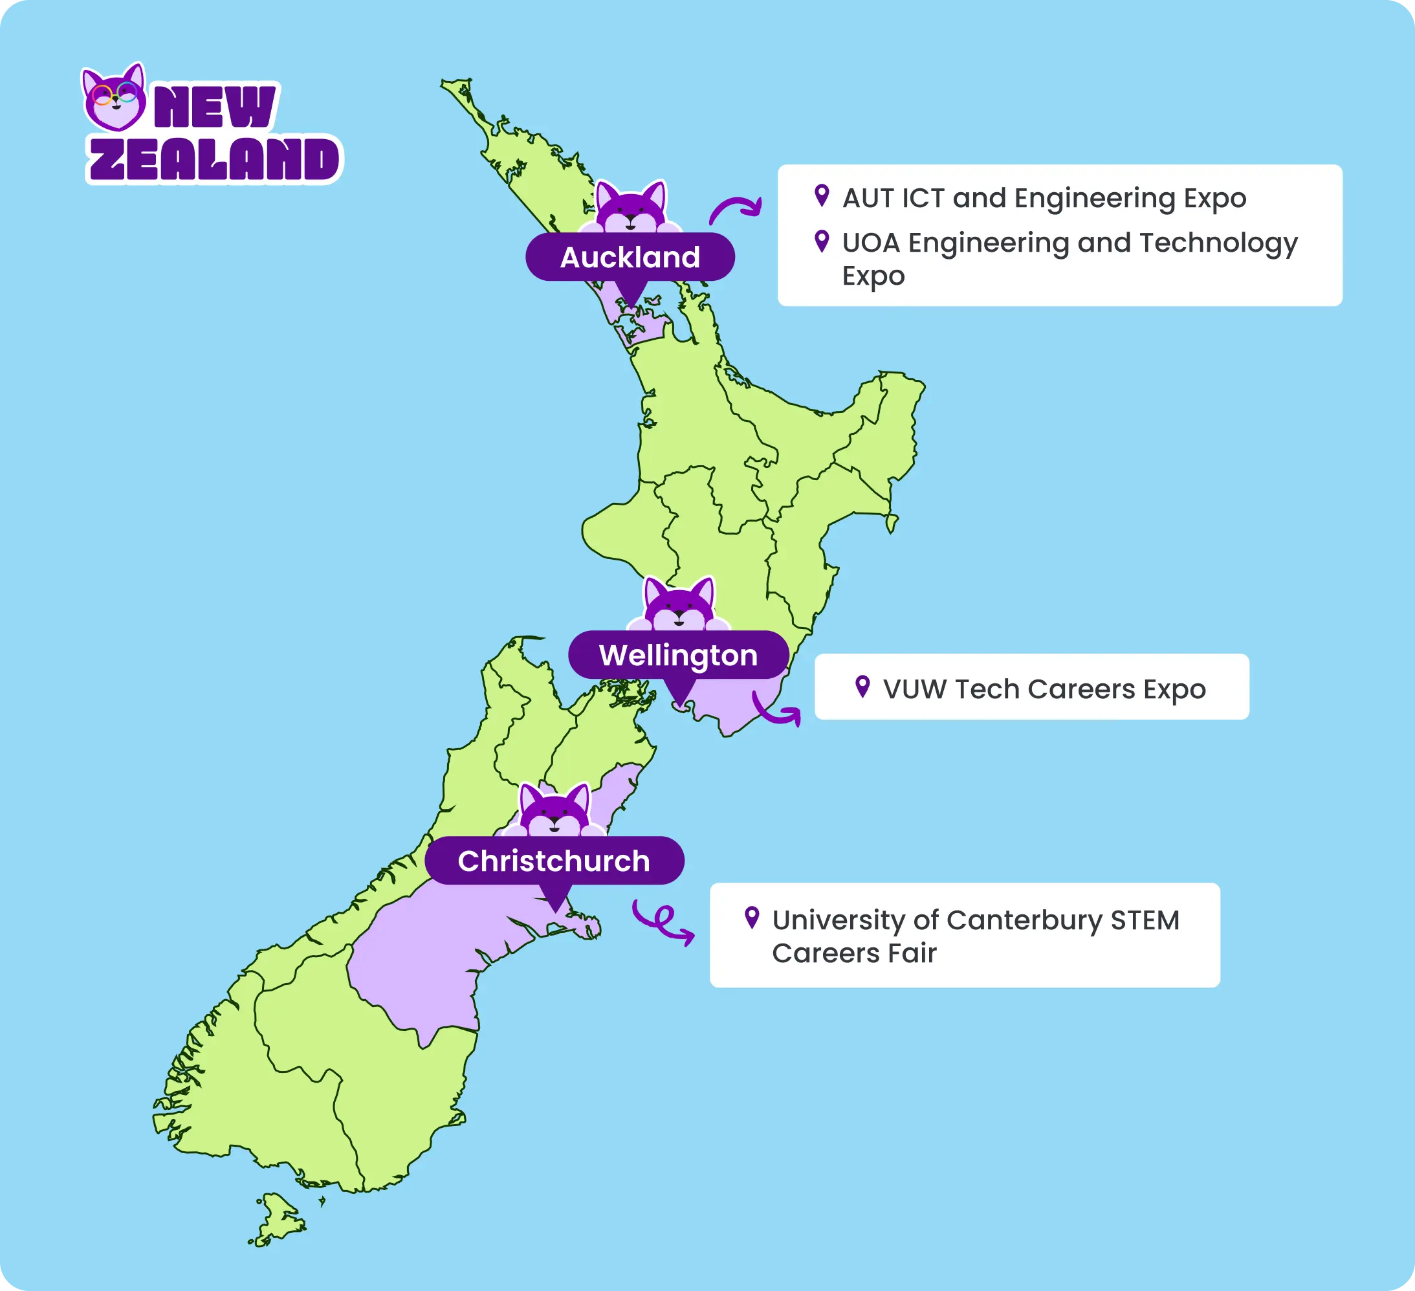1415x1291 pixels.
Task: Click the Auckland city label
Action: (630, 257)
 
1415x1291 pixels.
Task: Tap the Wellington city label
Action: (678, 655)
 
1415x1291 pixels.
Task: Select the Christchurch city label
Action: (554, 861)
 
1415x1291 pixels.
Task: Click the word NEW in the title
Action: (214, 107)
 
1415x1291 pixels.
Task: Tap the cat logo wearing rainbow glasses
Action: (115, 98)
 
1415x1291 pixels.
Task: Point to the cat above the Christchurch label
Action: (554, 811)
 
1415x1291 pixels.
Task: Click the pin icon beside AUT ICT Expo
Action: (821, 195)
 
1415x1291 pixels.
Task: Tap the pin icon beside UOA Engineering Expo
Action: (821, 241)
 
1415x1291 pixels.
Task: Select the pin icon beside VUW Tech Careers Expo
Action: (862, 686)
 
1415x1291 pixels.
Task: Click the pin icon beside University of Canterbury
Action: (752, 917)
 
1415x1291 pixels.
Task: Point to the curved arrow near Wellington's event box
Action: (776, 710)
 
